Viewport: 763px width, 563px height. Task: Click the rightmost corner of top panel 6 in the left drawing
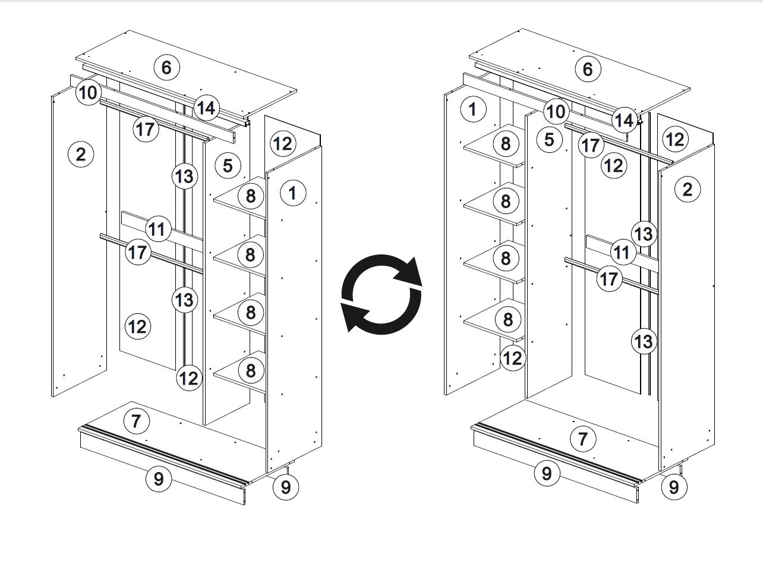click(297, 90)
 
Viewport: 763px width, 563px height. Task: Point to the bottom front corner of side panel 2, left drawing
click(52, 397)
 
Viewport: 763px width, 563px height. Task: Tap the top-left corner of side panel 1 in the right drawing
click(444, 95)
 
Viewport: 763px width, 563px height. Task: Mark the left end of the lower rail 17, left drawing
click(100, 235)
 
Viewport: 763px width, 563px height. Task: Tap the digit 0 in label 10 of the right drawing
click(561, 111)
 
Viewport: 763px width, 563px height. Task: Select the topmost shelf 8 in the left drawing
click(239, 197)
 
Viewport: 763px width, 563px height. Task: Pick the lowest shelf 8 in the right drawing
click(494, 320)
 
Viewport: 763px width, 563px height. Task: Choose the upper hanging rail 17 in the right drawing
click(619, 144)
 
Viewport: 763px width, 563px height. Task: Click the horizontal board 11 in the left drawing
click(162, 231)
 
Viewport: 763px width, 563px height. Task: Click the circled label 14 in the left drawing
click(206, 108)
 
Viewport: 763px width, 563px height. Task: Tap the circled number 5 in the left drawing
click(228, 166)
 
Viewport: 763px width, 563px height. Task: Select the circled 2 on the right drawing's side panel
click(688, 190)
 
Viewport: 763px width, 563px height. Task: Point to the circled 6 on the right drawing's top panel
click(588, 69)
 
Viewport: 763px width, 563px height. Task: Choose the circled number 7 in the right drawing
click(583, 439)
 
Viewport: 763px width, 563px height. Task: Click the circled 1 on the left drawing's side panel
click(293, 193)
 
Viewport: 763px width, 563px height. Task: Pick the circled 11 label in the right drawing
click(623, 253)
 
